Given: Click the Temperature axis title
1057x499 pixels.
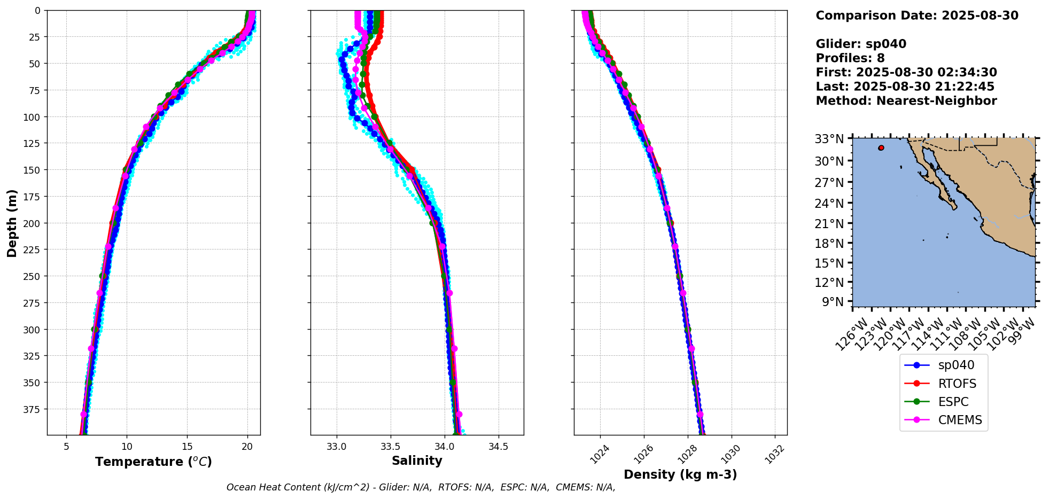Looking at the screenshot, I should coord(153,462).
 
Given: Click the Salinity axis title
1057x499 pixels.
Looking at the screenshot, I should coord(417,461).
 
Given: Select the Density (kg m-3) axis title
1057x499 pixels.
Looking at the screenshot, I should coord(680,474).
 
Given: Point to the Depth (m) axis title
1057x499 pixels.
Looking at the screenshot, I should coord(12,223).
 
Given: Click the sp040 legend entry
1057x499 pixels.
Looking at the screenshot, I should coord(956,365).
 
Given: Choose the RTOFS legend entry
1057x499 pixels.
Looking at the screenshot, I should coord(957,384).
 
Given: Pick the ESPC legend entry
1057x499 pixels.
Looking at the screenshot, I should coord(953,402).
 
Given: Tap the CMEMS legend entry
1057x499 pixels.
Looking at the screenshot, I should coord(960,420).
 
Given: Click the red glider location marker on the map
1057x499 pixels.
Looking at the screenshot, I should coord(881,148).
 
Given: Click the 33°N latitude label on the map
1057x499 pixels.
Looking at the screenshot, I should coord(829,139).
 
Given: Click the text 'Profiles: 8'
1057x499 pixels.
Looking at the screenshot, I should coord(850,58).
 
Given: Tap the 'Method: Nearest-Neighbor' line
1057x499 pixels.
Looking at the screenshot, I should coord(906,101).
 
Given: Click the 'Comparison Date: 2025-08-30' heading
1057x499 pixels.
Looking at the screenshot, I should coord(916,15).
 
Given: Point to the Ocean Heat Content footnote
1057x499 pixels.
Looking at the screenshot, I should coord(421,487).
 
